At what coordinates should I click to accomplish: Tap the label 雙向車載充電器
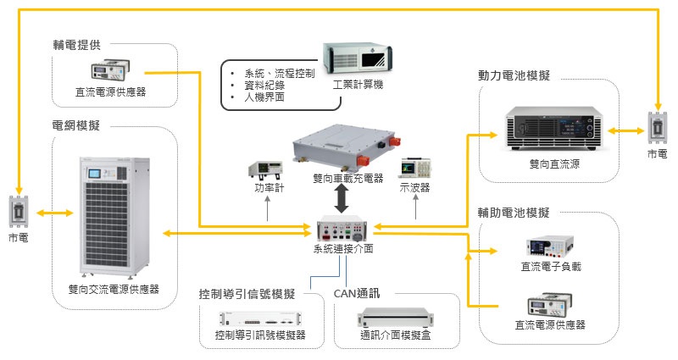tap(348, 179)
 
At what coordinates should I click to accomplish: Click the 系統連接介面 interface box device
tap(343, 229)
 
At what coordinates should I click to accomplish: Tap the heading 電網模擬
tap(76, 125)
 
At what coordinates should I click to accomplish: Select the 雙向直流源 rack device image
tap(552, 130)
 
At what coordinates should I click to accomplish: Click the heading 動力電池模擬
tap(514, 75)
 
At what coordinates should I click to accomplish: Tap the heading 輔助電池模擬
tap(514, 212)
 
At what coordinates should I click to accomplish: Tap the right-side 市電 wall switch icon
tap(657, 129)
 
